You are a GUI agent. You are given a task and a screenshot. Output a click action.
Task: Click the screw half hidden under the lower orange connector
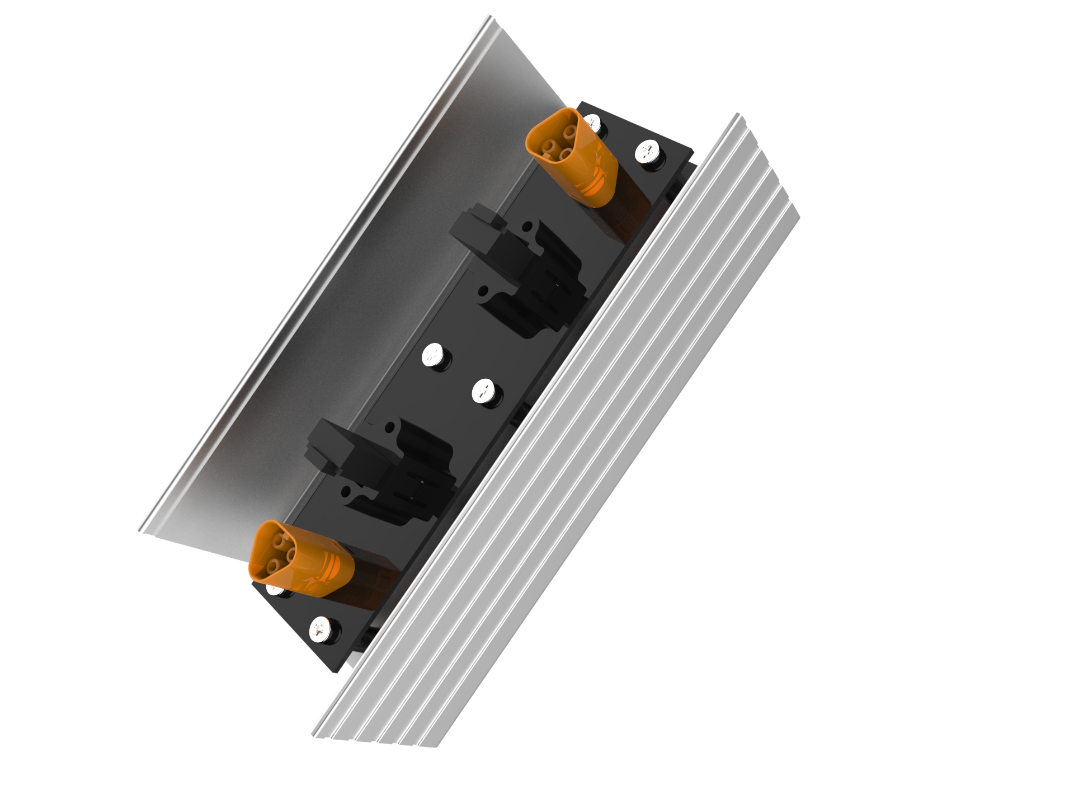pos(274,589)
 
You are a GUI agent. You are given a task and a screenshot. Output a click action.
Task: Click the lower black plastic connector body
pos(386,470)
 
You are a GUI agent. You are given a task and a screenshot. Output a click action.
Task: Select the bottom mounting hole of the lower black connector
pos(346,492)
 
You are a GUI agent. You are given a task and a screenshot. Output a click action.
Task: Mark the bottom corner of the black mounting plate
pos(335,671)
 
